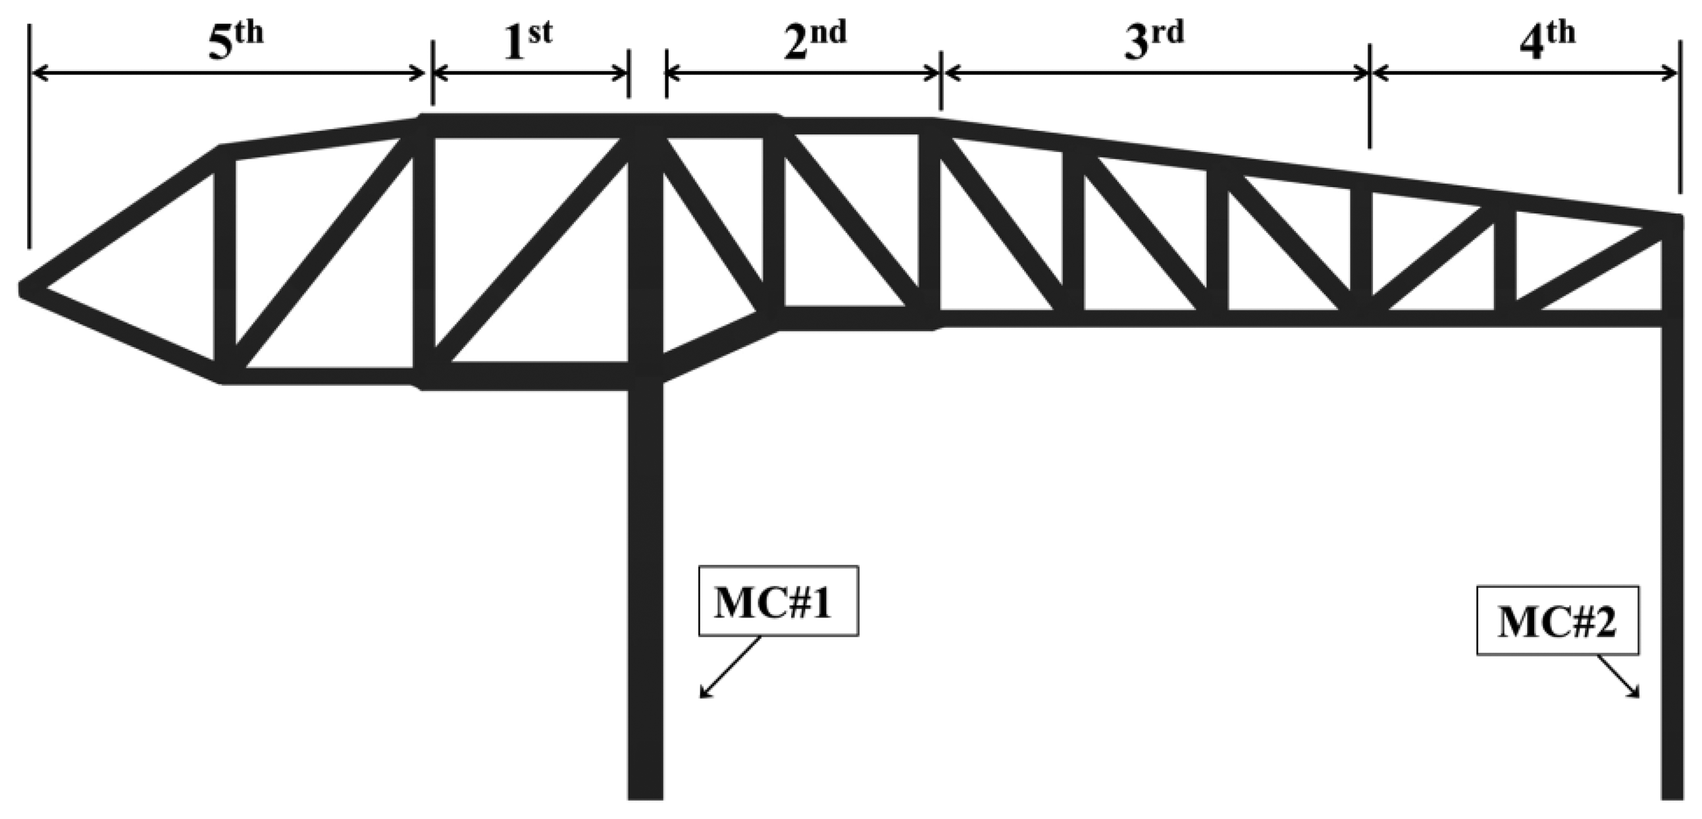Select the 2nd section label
click(x=814, y=41)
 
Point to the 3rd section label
click(x=1154, y=41)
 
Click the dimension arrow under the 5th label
click(x=228, y=73)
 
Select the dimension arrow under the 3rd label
click(x=1155, y=73)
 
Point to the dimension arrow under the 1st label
click(x=530, y=73)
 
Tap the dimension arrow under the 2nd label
click(x=803, y=73)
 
